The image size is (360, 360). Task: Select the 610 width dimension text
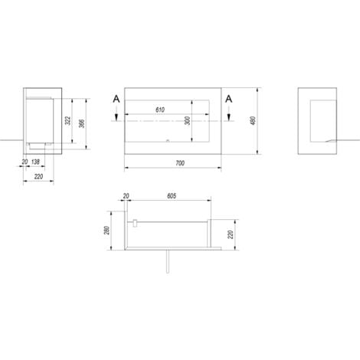tap(160, 110)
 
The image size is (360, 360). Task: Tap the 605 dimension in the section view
tap(171, 196)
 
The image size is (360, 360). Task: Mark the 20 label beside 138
tap(25, 163)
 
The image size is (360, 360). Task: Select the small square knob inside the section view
tap(135, 224)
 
